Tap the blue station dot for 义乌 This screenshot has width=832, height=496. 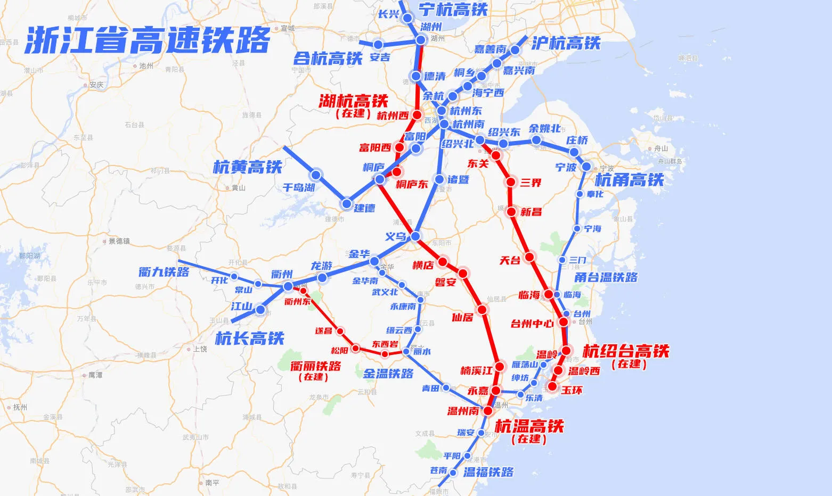(415, 236)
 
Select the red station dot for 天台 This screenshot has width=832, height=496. (529, 258)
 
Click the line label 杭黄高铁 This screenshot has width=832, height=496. (247, 167)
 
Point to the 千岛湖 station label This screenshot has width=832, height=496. (298, 187)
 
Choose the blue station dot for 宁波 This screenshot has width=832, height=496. (586, 167)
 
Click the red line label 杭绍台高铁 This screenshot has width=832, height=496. (626, 351)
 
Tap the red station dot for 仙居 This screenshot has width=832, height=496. (482, 310)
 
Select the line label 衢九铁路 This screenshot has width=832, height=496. (164, 272)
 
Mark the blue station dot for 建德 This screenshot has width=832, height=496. (347, 203)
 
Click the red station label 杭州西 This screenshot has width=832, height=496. (393, 115)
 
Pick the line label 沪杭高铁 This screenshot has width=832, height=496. (566, 43)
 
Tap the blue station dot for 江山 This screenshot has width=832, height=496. (260, 309)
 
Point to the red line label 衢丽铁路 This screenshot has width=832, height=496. (315, 366)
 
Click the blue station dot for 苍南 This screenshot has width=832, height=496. (453, 473)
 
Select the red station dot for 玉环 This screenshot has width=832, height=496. (553, 386)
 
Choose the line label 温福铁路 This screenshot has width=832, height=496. (488, 472)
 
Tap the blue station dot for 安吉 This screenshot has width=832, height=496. (378, 44)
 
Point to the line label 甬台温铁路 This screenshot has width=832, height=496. (606, 277)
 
